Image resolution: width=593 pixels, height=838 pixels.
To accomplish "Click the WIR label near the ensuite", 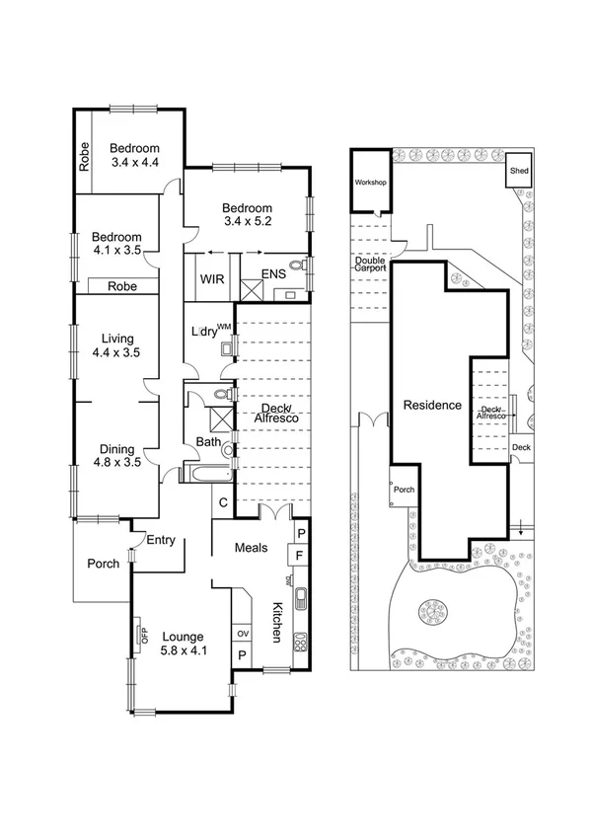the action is click(x=213, y=279).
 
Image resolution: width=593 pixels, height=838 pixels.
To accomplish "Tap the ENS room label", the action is click(x=273, y=275).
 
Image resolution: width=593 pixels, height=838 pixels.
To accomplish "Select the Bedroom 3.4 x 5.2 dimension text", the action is click(x=247, y=222).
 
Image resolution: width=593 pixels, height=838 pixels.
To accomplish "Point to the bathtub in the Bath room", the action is click(x=207, y=476).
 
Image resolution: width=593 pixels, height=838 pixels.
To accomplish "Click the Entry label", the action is click(x=161, y=540).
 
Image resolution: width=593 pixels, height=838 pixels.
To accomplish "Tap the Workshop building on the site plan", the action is click(x=370, y=183).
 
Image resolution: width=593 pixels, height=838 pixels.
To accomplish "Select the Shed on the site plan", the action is click(x=519, y=171).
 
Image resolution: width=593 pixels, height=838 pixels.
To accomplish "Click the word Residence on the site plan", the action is click(x=432, y=405).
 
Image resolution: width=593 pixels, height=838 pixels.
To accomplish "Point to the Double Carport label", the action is click(x=371, y=265).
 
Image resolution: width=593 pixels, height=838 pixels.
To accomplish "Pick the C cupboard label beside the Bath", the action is click(x=224, y=501).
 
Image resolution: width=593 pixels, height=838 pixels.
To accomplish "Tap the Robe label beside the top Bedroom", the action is click(x=85, y=159).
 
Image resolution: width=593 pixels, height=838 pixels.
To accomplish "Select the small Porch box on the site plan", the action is click(x=404, y=490).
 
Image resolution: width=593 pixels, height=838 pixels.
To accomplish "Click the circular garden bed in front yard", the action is click(x=431, y=610).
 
